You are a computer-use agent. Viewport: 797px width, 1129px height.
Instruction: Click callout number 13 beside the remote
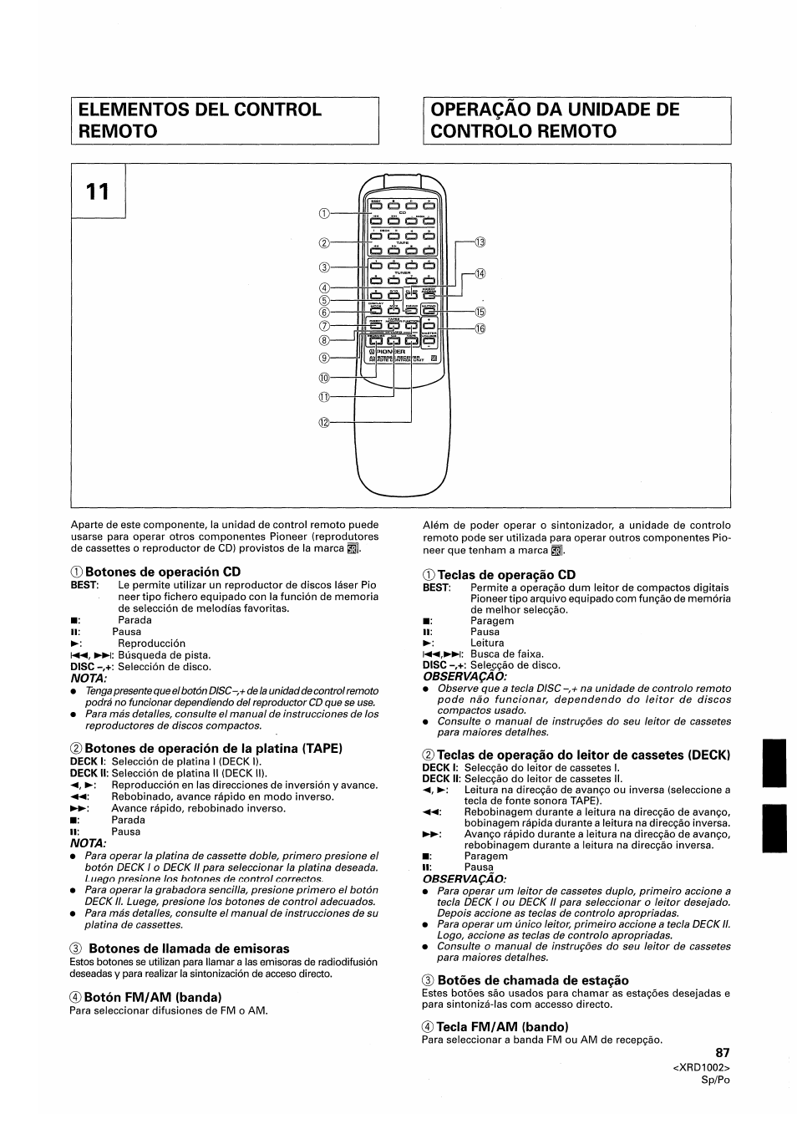pos(480,242)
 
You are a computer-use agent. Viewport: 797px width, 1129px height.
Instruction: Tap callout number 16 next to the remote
pos(480,328)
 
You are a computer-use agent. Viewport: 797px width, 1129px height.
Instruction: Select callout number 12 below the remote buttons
pos(324,423)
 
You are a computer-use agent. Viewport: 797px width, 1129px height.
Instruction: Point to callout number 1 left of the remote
pos(324,213)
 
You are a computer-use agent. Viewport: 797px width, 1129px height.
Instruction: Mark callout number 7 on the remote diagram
pos(324,326)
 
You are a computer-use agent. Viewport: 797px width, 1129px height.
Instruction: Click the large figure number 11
pos(98,191)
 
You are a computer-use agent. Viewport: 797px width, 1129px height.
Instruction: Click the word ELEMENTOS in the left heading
pos(137,109)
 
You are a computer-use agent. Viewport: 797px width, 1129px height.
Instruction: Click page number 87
pos(723,1053)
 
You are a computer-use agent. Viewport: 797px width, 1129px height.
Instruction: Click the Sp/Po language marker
pos(716,1080)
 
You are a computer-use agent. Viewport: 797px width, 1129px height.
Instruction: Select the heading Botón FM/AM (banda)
pos(152,997)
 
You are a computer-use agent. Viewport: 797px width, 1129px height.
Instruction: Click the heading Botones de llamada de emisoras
pos(189,948)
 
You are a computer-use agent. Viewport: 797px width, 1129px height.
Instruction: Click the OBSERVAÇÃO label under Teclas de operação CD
pos(464,676)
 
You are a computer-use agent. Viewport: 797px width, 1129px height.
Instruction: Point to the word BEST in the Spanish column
pos(84,586)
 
